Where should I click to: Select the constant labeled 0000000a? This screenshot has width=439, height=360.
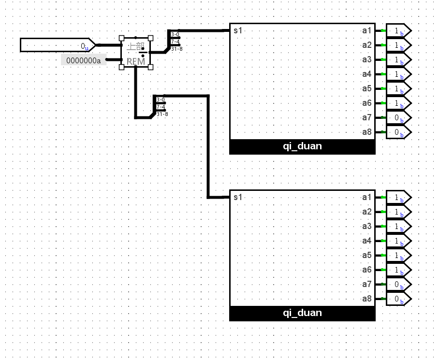tap(84, 60)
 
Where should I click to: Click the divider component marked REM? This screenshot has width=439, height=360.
tap(135, 52)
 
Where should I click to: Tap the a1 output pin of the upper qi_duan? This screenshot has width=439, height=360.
tap(398, 30)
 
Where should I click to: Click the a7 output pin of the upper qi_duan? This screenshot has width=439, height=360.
tap(398, 117)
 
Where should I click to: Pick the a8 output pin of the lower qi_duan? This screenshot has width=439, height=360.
tap(398, 299)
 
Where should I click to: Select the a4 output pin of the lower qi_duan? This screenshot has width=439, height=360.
tap(398, 241)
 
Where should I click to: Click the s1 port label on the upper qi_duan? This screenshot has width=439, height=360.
tap(237, 30)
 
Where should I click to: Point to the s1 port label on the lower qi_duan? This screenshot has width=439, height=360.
tap(237, 197)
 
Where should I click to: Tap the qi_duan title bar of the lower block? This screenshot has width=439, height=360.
tap(302, 313)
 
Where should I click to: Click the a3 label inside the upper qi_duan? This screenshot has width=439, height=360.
tap(366, 59)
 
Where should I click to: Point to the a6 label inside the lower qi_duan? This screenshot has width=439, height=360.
tap(366, 270)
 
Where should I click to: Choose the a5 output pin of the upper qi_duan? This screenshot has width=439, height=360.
tap(398, 88)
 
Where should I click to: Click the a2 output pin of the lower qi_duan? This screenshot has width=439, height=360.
tap(398, 212)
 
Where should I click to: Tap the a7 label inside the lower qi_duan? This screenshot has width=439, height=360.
tap(366, 285)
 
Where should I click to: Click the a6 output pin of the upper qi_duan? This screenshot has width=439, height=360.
tap(398, 103)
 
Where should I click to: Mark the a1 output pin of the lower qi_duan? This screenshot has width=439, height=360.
tap(398, 198)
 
